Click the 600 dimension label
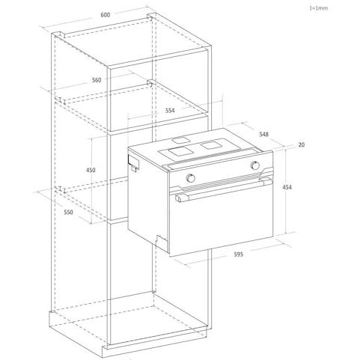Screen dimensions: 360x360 pos(105,15)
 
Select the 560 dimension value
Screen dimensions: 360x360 pos(97,80)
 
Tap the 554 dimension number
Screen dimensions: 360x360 pos(170,111)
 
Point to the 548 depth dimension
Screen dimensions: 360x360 pos(263,134)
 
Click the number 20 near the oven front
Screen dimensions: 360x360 pos(302,144)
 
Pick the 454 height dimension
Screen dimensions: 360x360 pos(287,187)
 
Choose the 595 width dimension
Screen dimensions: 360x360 pos(239,254)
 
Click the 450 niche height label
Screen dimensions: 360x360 pos(91,170)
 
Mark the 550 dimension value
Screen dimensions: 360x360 pos(68,212)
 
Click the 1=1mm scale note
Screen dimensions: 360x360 pos(319,8)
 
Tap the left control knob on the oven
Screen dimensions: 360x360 pos(191,178)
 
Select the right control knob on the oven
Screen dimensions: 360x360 pos(255,165)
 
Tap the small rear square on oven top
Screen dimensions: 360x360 pos(180,141)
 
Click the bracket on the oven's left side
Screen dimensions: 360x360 pos(133,162)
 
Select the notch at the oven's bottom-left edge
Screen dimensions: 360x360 pos(162,240)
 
